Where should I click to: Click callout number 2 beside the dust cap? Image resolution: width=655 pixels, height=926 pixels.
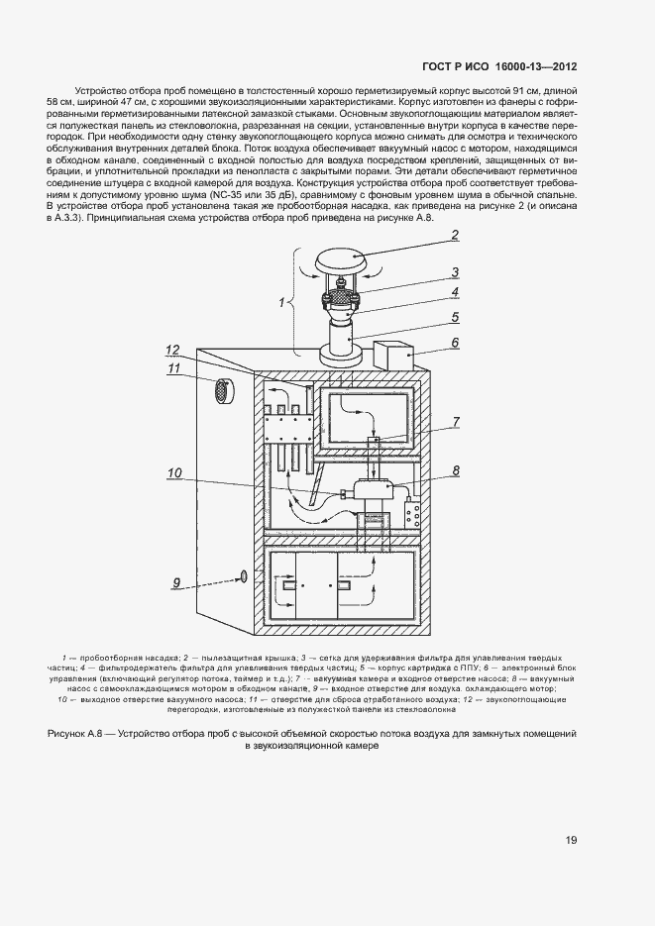point(454,236)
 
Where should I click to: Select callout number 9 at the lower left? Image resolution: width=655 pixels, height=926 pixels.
point(177,583)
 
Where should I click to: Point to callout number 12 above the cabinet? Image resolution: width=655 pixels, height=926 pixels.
point(172,349)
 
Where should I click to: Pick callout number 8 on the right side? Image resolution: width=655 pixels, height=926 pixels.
point(454,470)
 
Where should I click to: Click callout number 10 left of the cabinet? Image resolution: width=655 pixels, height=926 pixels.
point(174,473)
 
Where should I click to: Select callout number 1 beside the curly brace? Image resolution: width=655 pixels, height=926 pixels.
point(281,300)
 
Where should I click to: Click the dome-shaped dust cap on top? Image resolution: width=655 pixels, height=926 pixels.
point(341,261)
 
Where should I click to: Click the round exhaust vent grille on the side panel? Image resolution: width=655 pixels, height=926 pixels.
point(226,390)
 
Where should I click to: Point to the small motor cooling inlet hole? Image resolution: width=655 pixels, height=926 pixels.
point(242,576)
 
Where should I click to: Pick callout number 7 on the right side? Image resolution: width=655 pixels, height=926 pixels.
point(454,422)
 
